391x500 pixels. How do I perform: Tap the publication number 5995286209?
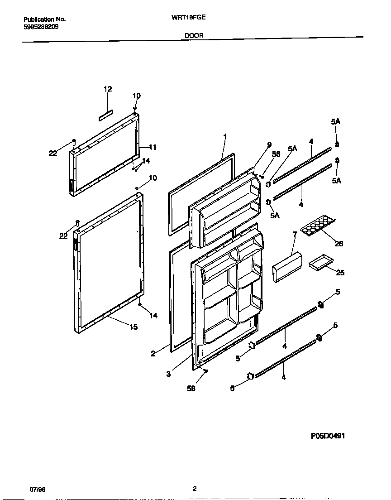coord(40,27)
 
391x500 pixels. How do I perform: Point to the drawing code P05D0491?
coord(329,436)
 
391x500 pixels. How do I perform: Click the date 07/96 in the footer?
coord(38,490)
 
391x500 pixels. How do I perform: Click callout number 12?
coord(108,89)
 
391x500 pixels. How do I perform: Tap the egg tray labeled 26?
coord(319,225)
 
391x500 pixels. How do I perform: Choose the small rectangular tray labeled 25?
coord(320,264)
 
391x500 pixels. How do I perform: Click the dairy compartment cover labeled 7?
coord(287,268)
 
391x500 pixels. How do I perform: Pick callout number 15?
coord(134,327)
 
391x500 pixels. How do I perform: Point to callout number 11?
coord(153,147)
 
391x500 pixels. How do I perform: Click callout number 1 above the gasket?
coord(225,136)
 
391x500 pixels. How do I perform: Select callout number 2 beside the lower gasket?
coord(153,354)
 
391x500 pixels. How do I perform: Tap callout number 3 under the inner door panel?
coord(168,374)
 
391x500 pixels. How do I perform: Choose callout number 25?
coord(340,273)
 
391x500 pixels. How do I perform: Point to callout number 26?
coord(339,244)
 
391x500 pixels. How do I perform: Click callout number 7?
coord(295,235)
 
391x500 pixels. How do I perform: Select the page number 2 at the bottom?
coord(195,489)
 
